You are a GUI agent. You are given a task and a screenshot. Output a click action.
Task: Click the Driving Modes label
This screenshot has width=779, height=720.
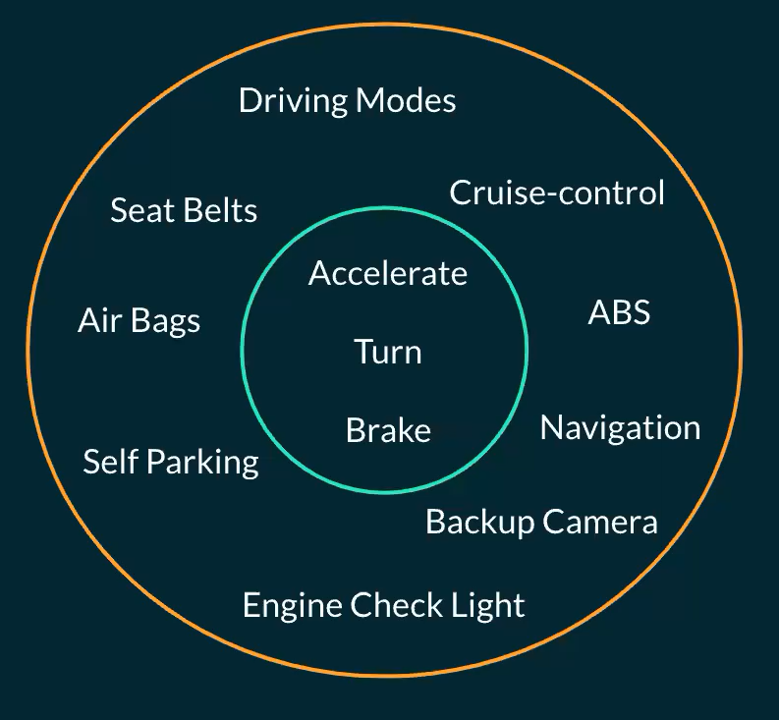click(347, 100)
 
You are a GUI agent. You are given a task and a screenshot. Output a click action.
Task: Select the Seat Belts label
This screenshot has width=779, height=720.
click(184, 210)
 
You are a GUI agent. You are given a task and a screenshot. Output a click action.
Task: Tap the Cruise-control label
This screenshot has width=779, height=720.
click(557, 193)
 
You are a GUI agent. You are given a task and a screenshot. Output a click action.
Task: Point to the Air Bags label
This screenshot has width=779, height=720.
click(139, 321)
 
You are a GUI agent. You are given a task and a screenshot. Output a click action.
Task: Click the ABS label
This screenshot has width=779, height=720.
click(619, 312)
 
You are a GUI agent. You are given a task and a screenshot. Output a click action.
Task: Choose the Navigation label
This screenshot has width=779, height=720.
click(620, 427)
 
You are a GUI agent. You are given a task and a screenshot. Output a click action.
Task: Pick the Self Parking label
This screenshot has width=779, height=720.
click(171, 462)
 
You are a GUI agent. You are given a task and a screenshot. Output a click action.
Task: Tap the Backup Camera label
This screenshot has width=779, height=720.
click(541, 522)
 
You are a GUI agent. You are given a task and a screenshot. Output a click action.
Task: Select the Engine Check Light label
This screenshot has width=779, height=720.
click(383, 605)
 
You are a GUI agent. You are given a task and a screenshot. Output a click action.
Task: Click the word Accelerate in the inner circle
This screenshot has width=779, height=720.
click(388, 273)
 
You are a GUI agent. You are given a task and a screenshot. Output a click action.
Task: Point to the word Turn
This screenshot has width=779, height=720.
click(388, 351)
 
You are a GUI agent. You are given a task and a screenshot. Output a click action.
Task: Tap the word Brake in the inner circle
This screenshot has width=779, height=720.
click(388, 430)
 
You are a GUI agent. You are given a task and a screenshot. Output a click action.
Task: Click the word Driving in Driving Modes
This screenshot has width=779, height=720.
click(293, 101)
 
